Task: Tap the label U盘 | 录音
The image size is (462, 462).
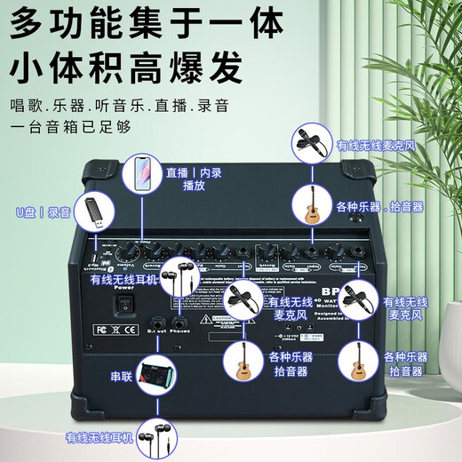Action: click(x=43, y=212)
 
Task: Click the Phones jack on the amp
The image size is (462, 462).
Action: click(x=179, y=325)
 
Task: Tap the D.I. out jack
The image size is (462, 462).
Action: click(x=159, y=325)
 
